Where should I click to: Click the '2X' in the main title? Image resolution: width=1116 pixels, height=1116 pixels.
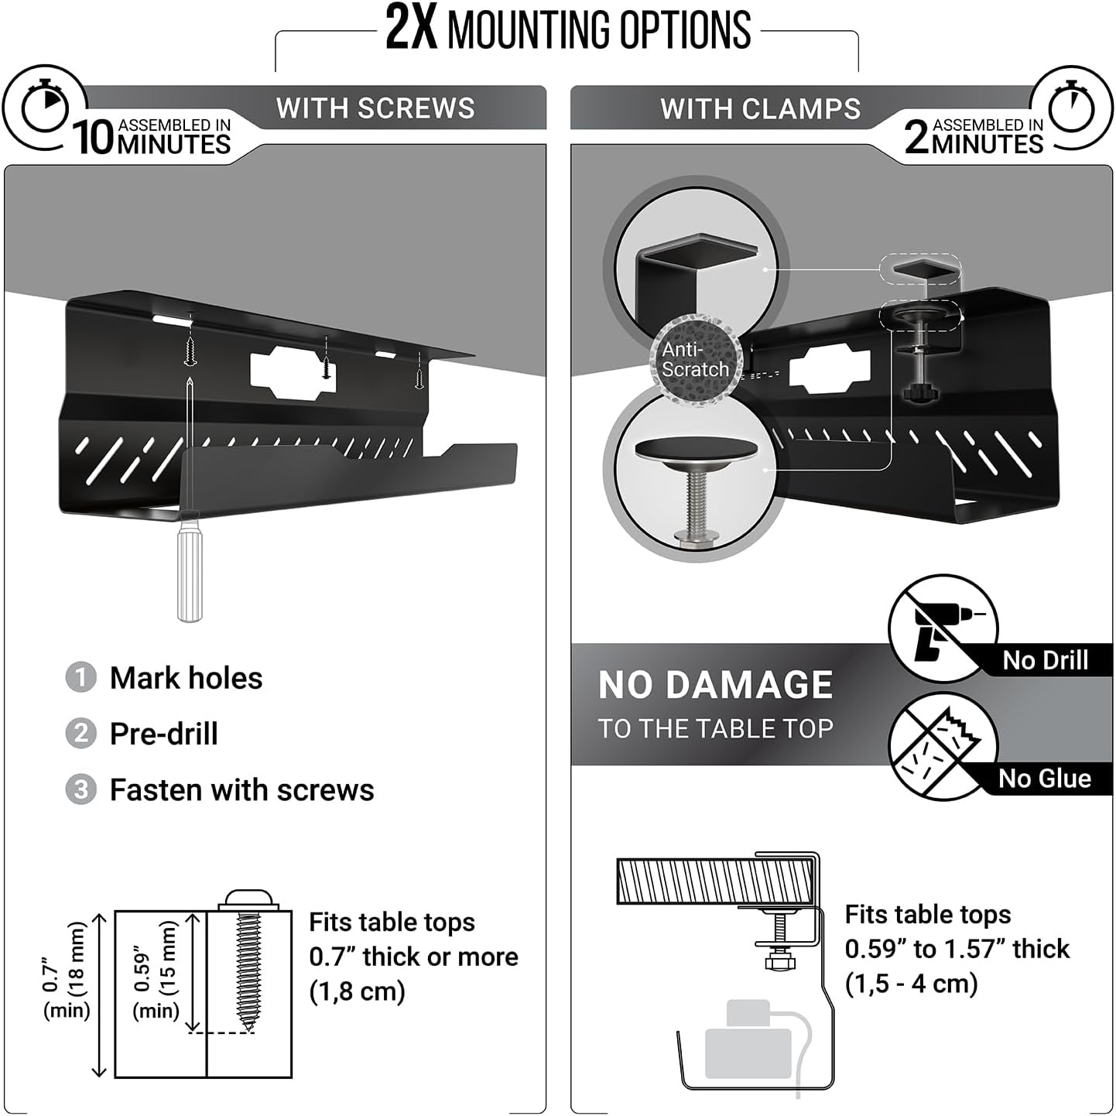(x=411, y=29)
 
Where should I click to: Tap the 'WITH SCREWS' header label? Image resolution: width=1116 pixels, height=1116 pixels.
(x=375, y=108)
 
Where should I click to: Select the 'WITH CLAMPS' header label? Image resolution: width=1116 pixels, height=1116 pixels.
(x=760, y=109)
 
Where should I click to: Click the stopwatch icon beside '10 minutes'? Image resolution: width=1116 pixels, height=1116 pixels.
(x=44, y=108)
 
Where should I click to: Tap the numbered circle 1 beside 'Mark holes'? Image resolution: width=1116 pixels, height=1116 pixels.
(x=80, y=678)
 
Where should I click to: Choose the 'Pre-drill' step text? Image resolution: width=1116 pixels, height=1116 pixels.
(x=164, y=734)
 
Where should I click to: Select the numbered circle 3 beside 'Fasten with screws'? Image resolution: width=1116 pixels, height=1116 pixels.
(x=80, y=790)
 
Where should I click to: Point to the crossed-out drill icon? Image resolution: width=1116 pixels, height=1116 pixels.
(x=942, y=628)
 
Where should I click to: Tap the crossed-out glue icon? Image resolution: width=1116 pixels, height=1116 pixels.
(x=942, y=746)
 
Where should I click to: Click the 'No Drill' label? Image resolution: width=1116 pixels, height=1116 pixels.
(x=1045, y=660)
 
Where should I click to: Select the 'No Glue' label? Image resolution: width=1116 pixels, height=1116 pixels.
(x=1045, y=778)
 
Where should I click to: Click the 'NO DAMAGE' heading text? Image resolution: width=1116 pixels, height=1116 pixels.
(x=715, y=685)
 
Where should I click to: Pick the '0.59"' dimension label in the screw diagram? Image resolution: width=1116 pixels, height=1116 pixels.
(x=142, y=967)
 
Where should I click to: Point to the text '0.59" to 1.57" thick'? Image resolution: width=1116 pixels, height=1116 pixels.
(x=957, y=949)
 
